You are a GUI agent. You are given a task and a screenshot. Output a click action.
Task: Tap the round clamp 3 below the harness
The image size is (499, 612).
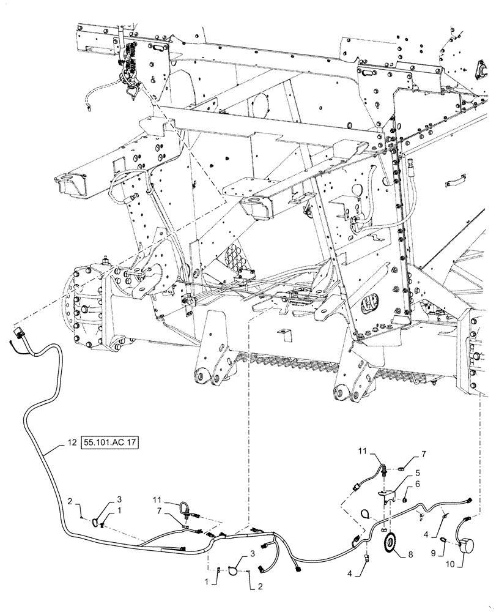click(234, 571)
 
